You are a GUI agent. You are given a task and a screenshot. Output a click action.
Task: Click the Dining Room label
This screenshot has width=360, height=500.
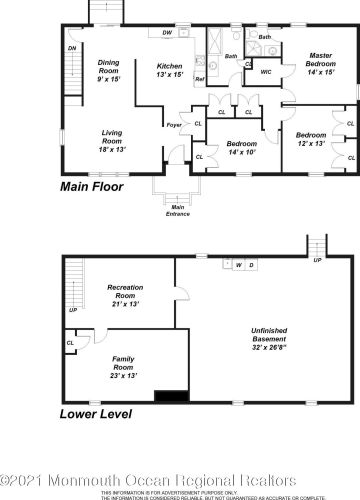point(108,70)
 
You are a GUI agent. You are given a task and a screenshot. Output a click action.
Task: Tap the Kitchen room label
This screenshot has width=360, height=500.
point(169,70)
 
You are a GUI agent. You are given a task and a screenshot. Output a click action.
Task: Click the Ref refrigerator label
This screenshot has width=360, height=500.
point(199,78)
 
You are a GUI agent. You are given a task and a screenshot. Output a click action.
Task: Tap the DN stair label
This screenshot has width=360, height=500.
point(72,48)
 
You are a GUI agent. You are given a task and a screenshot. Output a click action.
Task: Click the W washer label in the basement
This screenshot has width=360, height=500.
point(238,265)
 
